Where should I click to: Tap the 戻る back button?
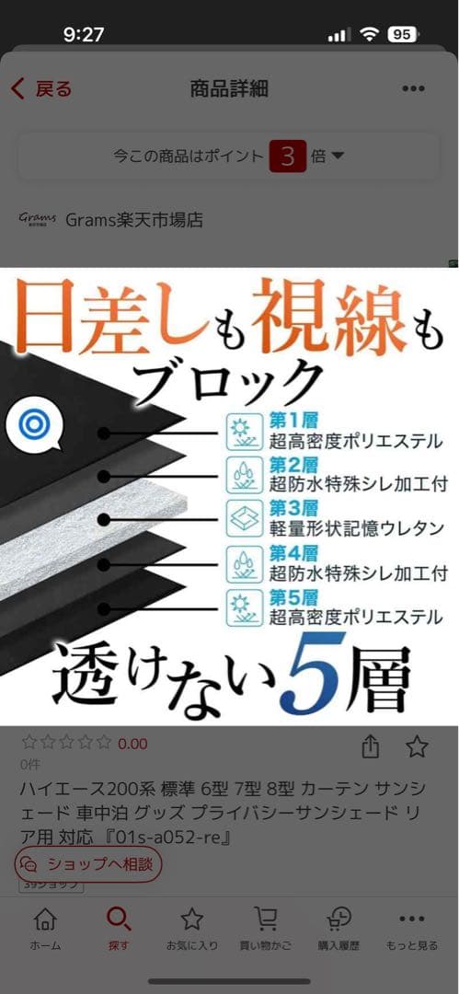point(40,88)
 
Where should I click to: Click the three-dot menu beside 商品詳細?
point(414,89)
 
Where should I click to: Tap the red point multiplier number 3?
point(287,156)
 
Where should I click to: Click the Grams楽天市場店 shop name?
point(133,220)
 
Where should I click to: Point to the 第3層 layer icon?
point(245,519)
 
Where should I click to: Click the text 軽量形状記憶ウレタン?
point(355,529)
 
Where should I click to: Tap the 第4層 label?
point(293,554)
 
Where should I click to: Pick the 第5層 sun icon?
point(245,607)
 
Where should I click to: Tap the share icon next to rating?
point(371,746)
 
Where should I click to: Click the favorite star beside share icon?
point(417,746)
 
